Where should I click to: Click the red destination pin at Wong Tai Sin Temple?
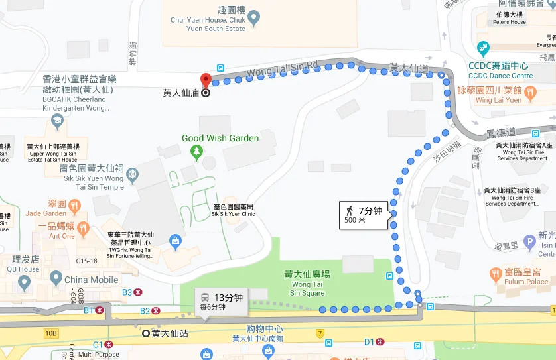206,82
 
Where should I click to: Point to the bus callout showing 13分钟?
222,302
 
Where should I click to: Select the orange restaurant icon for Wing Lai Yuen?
529,96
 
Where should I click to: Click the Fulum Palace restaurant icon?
495,272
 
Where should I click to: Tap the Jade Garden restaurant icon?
74,206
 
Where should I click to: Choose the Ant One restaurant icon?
83,229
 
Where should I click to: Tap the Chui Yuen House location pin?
253,16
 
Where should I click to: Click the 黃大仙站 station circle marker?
146,333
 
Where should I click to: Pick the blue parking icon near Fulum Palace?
529,242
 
